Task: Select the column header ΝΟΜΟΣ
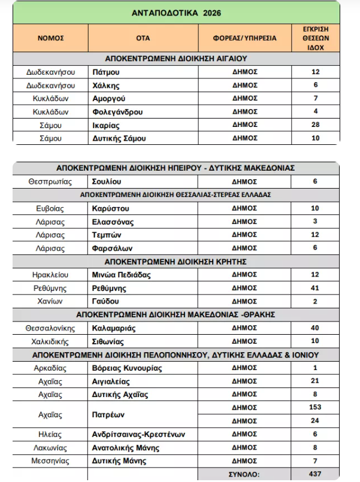[50, 38]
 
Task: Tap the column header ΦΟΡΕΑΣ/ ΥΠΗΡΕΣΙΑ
[244, 38]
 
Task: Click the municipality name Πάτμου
[105, 72]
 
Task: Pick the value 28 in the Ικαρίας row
[315, 125]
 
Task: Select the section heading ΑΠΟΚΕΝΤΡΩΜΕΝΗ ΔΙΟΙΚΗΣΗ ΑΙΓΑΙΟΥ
[176, 59]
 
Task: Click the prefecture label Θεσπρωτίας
[50, 180]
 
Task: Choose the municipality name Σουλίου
[107, 180]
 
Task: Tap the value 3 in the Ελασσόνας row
[315, 222]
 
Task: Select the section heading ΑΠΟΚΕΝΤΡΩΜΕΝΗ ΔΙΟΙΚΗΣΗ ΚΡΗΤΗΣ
[176, 262]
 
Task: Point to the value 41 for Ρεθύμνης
[315, 288]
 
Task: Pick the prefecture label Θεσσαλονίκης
[50, 328]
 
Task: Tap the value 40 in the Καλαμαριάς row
[315, 328]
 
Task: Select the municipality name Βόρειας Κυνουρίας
[128, 368]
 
